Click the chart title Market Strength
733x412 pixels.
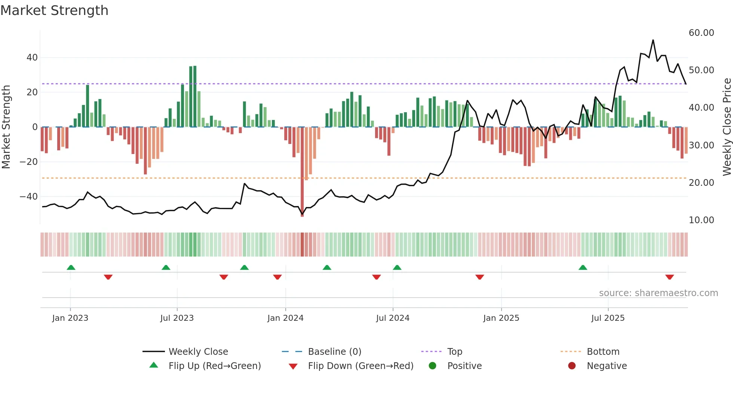(x=54, y=10)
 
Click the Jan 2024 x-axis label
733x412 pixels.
(x=285, y=318)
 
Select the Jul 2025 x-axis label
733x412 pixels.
(x=608, y=318)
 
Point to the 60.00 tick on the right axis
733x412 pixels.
(x=701, y=33)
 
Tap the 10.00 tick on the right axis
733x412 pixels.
(x=701, y=220)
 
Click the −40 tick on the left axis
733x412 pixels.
(x=28, y=197)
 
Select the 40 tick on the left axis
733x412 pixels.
(x=32, y=58)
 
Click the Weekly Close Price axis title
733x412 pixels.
(x=727, y=127)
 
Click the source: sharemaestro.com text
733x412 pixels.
(x=658, y=293)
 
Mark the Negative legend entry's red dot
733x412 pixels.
(x=572, y=366)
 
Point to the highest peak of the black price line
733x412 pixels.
(x=653, y=40)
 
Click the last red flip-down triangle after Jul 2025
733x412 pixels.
(x=669, y=277)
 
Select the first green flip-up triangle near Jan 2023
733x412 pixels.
(x=71, y=267)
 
